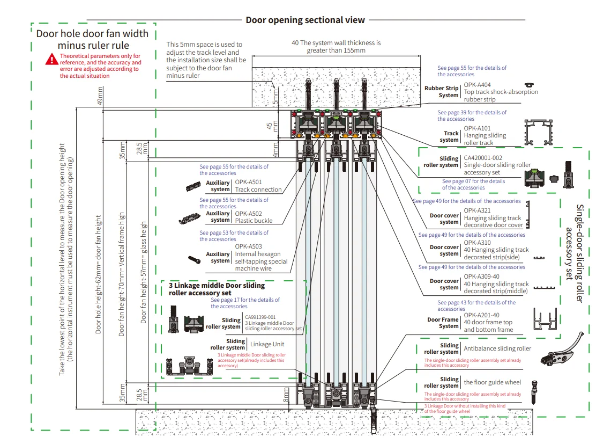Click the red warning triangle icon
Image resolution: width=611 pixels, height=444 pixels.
pyautogui.click(x=51, y=59)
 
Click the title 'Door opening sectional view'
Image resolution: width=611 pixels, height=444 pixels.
pyautogui.click(x=305, y=20)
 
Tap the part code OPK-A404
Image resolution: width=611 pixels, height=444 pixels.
pyautogui.click(x=477, y=85)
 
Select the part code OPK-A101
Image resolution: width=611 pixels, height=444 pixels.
pyautogui.click(x=477, y=128)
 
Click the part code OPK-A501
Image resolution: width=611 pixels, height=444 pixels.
pyautogui.click(x=248, y=182)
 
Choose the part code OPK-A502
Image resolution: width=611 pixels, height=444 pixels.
pyautogui.click(x=248, y=214)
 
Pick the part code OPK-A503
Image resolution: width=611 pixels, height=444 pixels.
pyautogui.click(x=248, y=246)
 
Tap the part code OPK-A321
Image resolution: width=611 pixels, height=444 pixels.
pyautogui.click(x=477, y=210)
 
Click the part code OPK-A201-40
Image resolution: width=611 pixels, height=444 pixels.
pyautogui.click(x=481, y=315)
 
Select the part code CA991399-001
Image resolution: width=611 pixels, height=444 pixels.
pyautogui.click(x=260, y=317)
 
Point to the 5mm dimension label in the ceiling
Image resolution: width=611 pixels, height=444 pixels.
pyautogui.click(x=276, y=96)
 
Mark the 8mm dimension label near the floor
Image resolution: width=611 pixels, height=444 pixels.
pyautogui.click(x=287, y=395)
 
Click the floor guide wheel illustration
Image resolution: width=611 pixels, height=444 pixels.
pyautogui.click(x=534, y=392)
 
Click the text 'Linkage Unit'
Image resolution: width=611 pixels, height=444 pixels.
pyautogui.click(x=267, y=344)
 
